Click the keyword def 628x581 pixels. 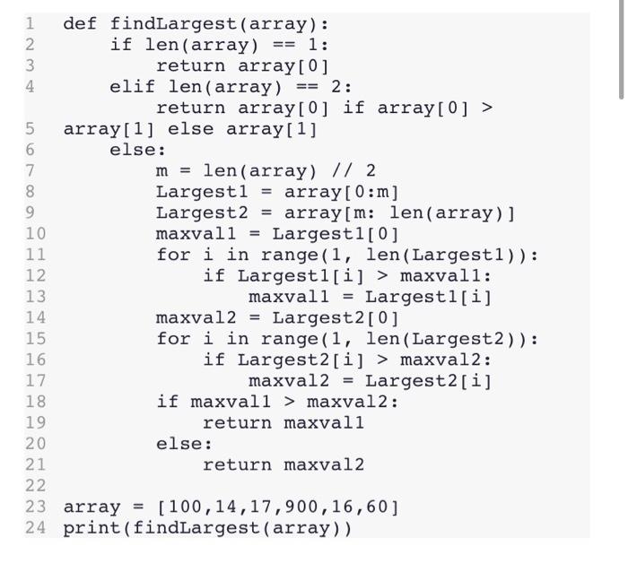80,23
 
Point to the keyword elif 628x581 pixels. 132,87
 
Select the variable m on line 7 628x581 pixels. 161,170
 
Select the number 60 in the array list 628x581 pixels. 376,507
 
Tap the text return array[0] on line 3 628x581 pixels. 242,65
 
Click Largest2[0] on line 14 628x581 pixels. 336,317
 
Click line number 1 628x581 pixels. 30,23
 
